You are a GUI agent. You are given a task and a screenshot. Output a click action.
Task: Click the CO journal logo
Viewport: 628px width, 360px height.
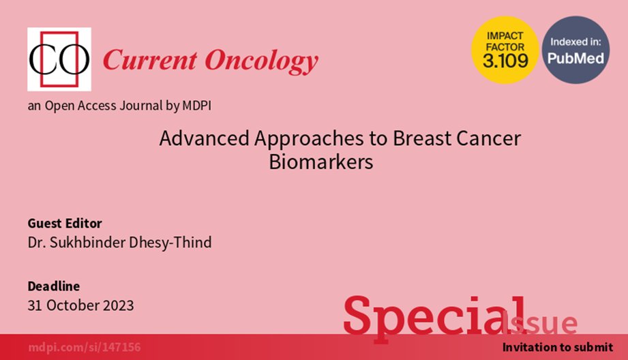point(59,60)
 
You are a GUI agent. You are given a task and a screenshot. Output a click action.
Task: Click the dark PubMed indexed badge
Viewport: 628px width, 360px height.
point(575,50)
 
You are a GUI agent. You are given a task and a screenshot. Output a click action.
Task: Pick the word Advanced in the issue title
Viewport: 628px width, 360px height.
point(194,138)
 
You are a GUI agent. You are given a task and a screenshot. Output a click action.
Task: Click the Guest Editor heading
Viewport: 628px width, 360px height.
point(64,224)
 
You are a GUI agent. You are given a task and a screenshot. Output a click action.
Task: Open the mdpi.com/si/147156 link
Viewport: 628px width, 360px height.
point(84,348)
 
